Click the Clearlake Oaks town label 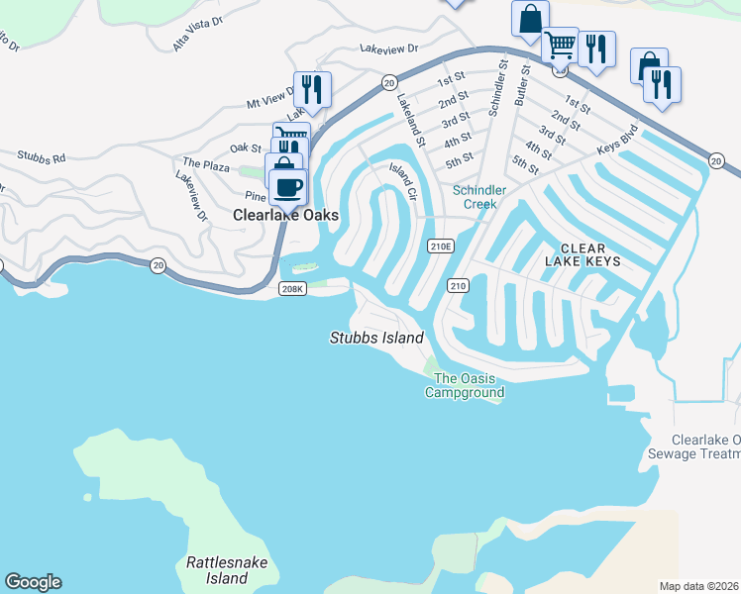pyautogui.click(x=286, y=215)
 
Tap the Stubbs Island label pyautogui.click(x=376, y=338)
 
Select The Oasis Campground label pyautogui.click(x=465, y=385)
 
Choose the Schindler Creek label pyautogui.click(x=480, y=197)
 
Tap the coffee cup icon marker pyautogui.click(x=287, y=186)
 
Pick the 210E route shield pyautogui.click(x=441, y=247)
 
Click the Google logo pyautogui.click(x=33, y=582)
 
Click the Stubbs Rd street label pyautogui.click(x=41, y=156)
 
